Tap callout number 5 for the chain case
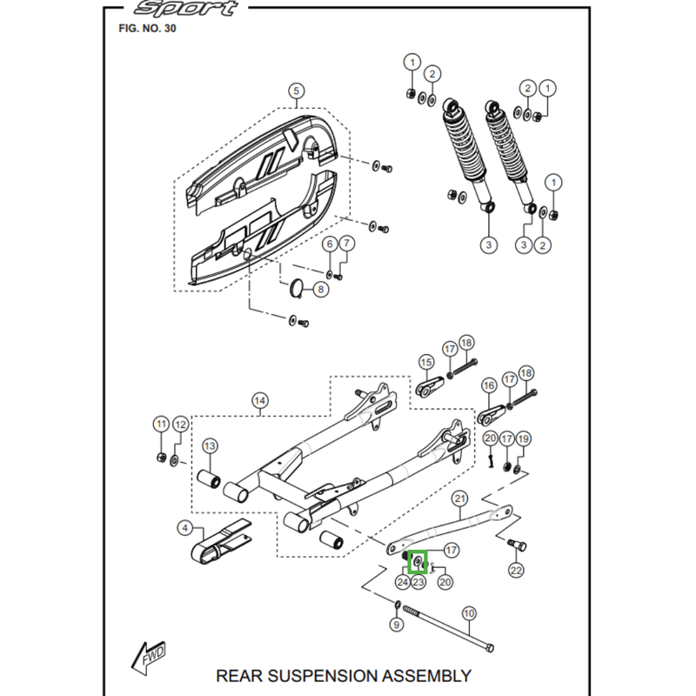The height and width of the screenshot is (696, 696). [295, 90]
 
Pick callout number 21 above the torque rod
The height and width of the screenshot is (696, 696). [461, 499]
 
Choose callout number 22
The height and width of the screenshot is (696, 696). [516, 571]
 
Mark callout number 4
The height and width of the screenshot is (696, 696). [185, 527]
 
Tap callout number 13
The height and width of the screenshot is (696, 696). [210, 446]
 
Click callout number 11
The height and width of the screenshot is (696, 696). [160, 425]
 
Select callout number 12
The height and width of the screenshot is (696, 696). [180, 425]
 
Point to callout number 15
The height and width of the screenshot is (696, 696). [426, 361]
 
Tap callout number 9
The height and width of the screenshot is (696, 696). [397, 624]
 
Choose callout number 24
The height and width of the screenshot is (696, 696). [403, 581]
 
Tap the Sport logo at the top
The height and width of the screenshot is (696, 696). [185, 10]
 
